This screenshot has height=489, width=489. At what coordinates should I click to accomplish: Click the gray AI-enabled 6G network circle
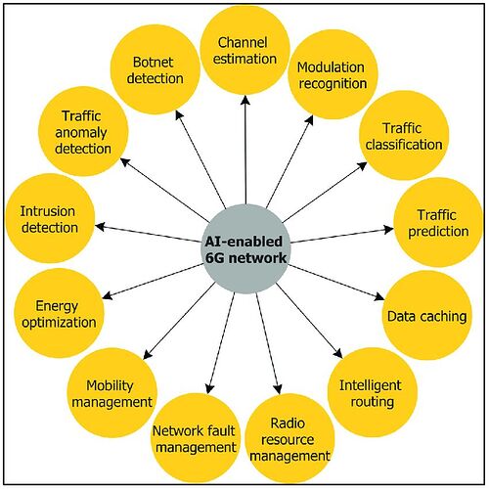coord(244,249)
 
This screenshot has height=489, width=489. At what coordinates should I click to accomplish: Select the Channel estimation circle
coord(244,50)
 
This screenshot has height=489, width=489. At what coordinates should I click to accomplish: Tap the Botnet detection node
coord(156,69)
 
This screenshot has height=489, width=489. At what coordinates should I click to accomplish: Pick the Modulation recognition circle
coord(333,74)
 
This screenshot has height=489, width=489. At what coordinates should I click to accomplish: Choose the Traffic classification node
coord(404,136)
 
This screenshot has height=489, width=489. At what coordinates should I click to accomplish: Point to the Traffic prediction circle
coord(438,222)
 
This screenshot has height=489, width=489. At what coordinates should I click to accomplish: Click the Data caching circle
coord(426,316)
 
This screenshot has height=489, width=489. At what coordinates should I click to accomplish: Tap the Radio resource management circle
coord(289,438)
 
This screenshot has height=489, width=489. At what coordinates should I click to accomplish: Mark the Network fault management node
coord(195,438)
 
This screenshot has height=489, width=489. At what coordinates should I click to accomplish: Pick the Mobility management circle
coord(111,392)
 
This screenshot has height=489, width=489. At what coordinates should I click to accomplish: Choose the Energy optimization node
coord(59,313)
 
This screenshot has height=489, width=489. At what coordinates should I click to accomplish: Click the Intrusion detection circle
coord(50,218)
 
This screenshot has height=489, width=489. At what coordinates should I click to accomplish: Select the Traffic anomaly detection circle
coord(83,131)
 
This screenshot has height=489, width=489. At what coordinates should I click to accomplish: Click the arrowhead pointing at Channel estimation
coord(245,100)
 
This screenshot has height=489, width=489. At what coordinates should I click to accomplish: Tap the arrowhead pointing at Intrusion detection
coord(100,227)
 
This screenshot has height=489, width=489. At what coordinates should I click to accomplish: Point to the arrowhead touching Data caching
coord(379,296)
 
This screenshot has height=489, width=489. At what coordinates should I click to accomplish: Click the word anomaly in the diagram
coord(81,133)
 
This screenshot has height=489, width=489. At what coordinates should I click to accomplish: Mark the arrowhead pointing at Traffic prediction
coord(389,229)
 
